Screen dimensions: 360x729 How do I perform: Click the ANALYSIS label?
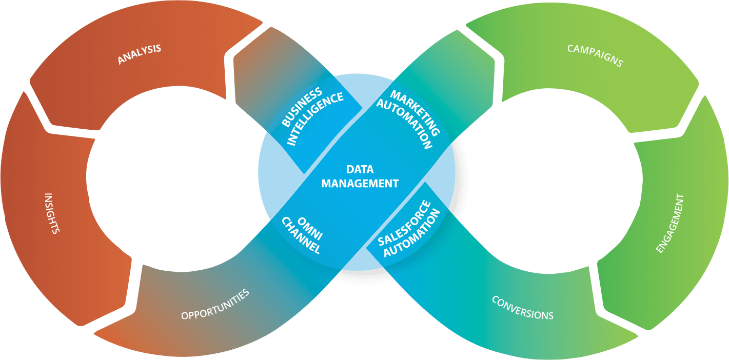click(x=139, y=54)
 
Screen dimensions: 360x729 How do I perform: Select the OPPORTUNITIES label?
click(x=215, y=304)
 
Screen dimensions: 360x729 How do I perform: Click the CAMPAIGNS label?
click(x=595, y=55)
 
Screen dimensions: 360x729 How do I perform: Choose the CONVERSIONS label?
click(x=522, y=307)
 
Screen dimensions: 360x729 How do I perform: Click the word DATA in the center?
click(x=360, y=169)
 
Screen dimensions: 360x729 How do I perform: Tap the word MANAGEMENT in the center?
click(x=360, y=183)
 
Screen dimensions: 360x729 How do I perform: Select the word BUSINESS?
click(x=303, y=108)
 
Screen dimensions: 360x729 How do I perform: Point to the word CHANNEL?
click(x=302, y=235)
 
